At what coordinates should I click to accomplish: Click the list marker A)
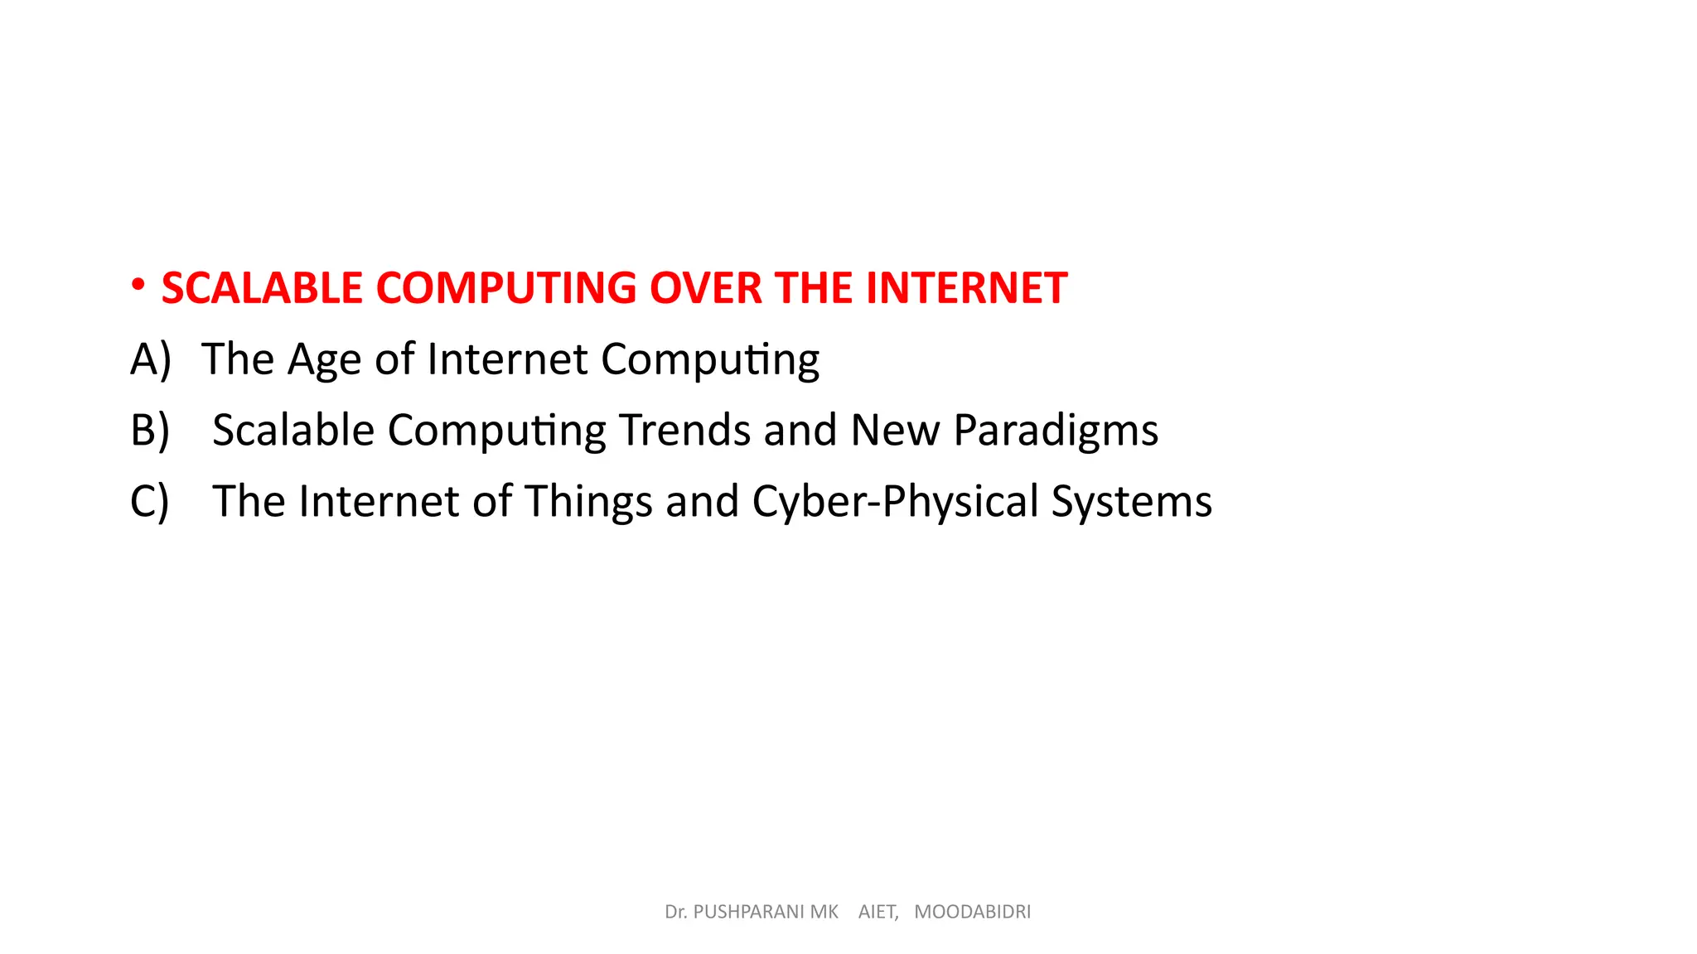tap(151, 359)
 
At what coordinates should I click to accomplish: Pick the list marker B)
tap(150, 431)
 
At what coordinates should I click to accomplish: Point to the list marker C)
tap(150, 502)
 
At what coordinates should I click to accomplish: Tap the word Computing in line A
tap(710, 361)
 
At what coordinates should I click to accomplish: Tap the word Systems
tap(1131, 503)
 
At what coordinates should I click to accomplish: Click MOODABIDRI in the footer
tap(972, 912)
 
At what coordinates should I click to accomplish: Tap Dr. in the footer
tap(675, 912)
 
